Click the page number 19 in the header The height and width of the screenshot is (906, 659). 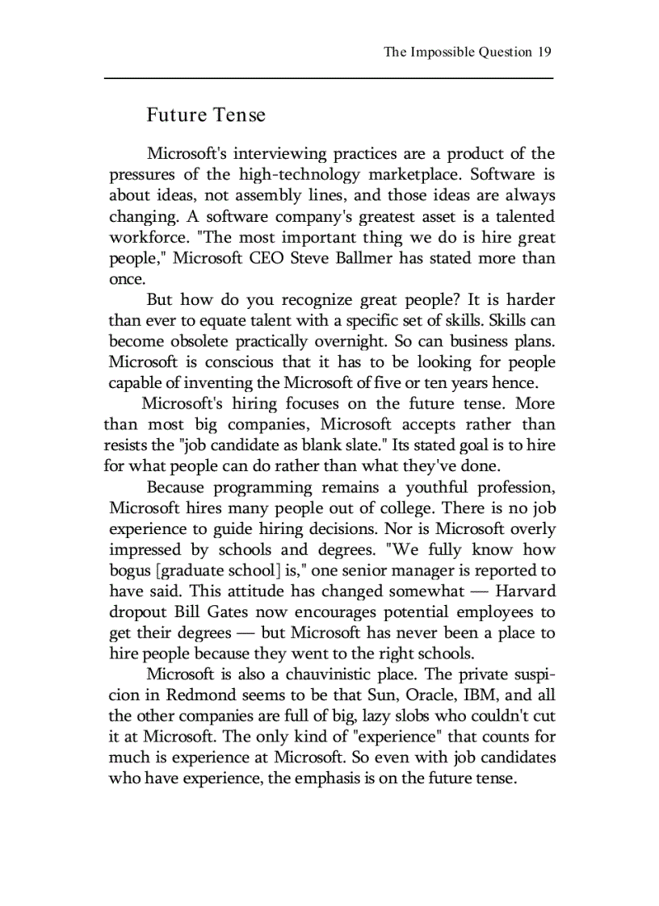point(544,52)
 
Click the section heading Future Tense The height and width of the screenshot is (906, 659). point(205,115)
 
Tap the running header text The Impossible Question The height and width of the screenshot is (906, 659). point(457,52)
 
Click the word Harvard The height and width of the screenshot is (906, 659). point(525,591)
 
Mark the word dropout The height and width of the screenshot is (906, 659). point(137,612)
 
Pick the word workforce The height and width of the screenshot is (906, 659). point(142,238)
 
